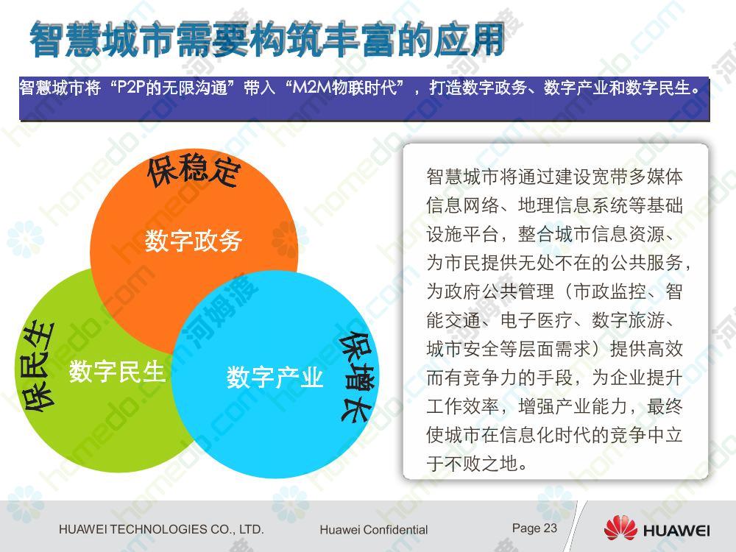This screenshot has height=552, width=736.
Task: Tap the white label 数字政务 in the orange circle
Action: point(194,241)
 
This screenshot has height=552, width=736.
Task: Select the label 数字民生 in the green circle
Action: point(117,372)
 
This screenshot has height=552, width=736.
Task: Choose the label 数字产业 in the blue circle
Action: point(275,378)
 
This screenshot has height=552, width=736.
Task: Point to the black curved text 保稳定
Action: point(194,170)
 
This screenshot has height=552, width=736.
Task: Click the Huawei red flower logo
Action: point(620,528)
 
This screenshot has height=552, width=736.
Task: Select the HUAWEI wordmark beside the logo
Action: point(676,531)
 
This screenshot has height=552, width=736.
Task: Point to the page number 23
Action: point(550,528)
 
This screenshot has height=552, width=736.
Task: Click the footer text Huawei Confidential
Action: point(374,530)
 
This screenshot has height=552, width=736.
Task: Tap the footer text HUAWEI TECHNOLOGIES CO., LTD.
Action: point(161,529)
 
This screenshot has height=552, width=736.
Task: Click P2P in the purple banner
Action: point(132,88)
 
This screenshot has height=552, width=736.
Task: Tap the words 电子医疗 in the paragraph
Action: point(537,321)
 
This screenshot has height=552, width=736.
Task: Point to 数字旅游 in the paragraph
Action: point(628,321)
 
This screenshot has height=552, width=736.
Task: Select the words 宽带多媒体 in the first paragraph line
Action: point(637,177)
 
